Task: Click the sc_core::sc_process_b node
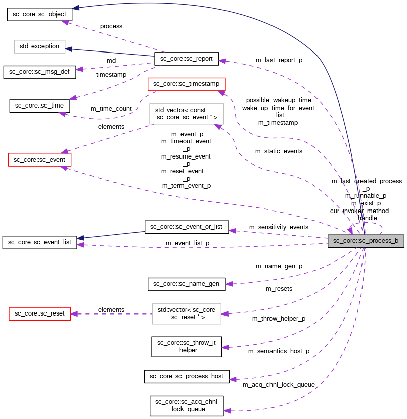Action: pyautogui.click(x=366, y=241)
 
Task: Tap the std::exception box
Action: pyautogui.click(x=39, y=47)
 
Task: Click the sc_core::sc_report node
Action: pyautogui.click(x=187, y=59)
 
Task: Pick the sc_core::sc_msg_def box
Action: pyautogui.click(x=39, y=72)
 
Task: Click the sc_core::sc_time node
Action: pyautogui.click(x=39, y=106)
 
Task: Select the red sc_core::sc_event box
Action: pyautogui.click(x=40, y=160)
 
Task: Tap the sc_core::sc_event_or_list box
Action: pyautogui.click(x=187, y=227)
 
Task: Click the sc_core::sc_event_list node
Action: pyautogui.click(x=39, y=242)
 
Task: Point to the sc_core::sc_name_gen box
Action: pyautogui.click(x=187, y=284)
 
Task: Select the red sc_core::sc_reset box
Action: pyautogui.click(x=39, y=313)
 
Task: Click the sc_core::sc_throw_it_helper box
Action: pyautogui.click(x=187, y=346)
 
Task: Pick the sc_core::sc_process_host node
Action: pyautogui.click(x=187, y=376)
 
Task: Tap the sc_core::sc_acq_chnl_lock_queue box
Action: pyautogui.click(x=187, y=405)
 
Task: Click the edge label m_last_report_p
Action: pyautogui.click(x=279, y=60)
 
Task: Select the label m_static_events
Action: pyautogui.click(x=279, y=151)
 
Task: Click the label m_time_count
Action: pyautogui.click(x=111, y=109)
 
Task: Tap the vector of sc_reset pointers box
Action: pyautogui.click(x=187, y=313)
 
